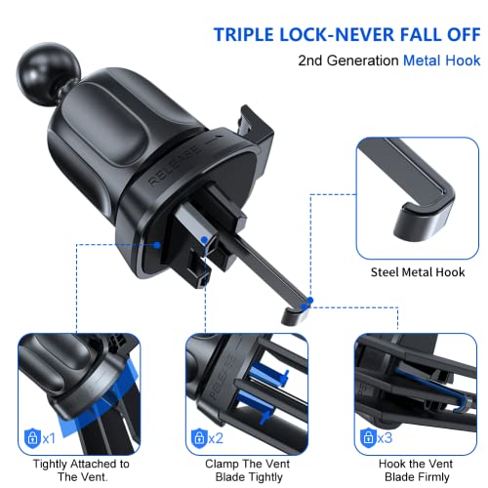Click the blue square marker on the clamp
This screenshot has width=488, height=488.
click(202, 237)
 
